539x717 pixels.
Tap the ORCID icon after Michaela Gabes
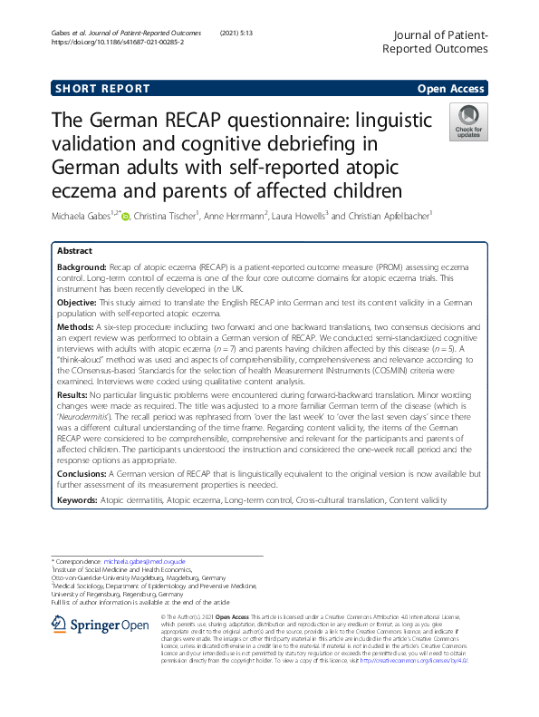[125, 216]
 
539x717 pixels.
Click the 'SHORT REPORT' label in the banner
[101, 89]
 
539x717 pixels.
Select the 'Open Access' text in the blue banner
[452, 89]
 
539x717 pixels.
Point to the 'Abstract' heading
[74, 250]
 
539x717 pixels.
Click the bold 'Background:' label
[82, 269]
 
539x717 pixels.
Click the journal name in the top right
[436, 41]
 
